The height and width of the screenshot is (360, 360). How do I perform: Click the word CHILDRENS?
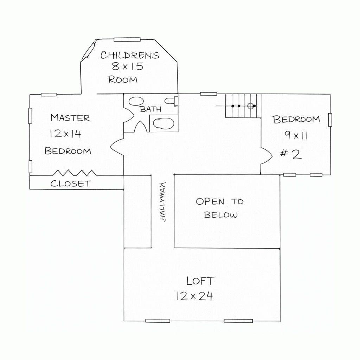pyautogui.click(x=130, y=55)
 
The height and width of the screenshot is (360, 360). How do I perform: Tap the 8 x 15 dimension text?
pyautogui.click(x=128, y=66)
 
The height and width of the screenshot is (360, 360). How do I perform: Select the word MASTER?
pyautogui.click(x=70, y=118)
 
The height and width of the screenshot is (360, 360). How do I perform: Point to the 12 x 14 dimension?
pyautogui.click(x=65, y=134)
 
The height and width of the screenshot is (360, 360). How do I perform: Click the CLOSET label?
pyautogui.click(x=70, y=184)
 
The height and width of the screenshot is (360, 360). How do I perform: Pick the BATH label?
pyautogui.click(x=150, y=109)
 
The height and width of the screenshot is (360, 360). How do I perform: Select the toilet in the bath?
pyautogui.click(x=172, y=101)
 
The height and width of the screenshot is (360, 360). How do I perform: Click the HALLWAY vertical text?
pyautogui.click(x=162, y=202)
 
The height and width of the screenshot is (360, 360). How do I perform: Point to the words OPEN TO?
pyautogui.click(x=219, y=201)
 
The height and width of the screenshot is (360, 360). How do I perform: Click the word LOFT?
pyautogui.click(x=200, y=281)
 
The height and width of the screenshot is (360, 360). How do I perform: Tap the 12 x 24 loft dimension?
pyautogui.click(x=194, y=296)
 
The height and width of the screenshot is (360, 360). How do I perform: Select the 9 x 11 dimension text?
pyautogui.click(x=296, y=135)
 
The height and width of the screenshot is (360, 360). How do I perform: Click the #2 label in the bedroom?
pyautogui.click(x=291, y=154)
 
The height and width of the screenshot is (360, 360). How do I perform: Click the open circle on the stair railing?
pyautogui.click(x=251, y=106)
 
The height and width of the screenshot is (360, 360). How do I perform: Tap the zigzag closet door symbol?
pyautogui.click(x=74, y=173)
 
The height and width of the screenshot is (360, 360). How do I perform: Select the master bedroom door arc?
pyautogui.click(x=116, y=146)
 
